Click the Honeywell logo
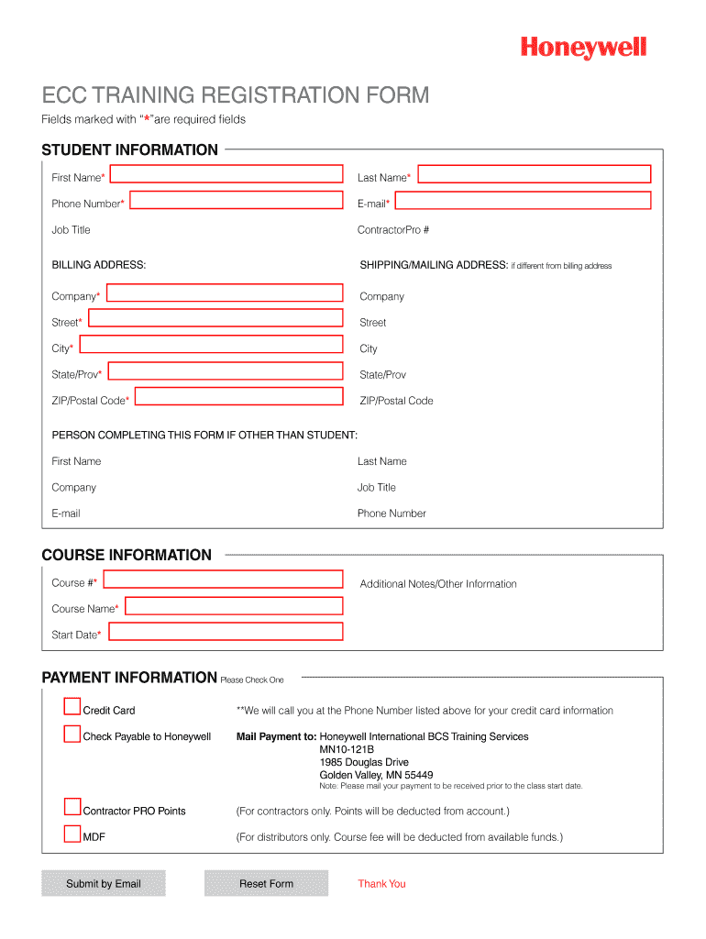tap(584, 48)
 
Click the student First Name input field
tap(226, 174)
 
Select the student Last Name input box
tap(534, 174)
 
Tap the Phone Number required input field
tap(237, 201)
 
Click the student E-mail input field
tap(523, 201)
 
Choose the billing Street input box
tap(215, 319)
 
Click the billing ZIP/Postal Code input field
tap(238, 398)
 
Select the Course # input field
tap(223, 580)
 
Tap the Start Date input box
tap(225, 632)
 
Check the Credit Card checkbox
tap(72, 707)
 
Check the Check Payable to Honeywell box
tap(72, 734)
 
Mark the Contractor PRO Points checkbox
tap(72, 808)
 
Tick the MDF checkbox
tap(72, 834)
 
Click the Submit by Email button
tap(104, 883)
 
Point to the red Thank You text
tap(381, 884)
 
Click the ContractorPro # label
tap(393, 230)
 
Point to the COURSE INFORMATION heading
tap(127, 555)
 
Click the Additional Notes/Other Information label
tap(438, 584)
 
